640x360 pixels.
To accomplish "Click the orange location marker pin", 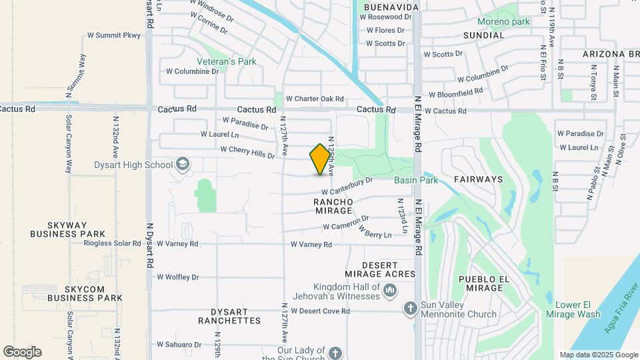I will click(321, 159).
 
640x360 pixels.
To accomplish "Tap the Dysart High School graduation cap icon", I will click(182, 165).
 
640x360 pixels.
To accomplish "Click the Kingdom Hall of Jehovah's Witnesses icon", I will click(391, 291).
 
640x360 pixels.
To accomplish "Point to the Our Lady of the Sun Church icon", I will click(335, 352).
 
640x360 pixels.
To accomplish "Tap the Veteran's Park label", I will click(230, 61).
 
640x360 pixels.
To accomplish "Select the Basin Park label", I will click(415, 180).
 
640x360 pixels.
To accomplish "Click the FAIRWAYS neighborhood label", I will click(478, 179).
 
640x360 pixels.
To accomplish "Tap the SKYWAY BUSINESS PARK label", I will click(67, 229).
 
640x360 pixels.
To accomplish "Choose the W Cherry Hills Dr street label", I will click(247, 153).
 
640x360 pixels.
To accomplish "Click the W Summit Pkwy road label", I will click(115, 35).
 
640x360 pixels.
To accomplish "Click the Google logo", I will click(22, 352).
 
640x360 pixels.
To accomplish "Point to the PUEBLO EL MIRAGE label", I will click(481, 283).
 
